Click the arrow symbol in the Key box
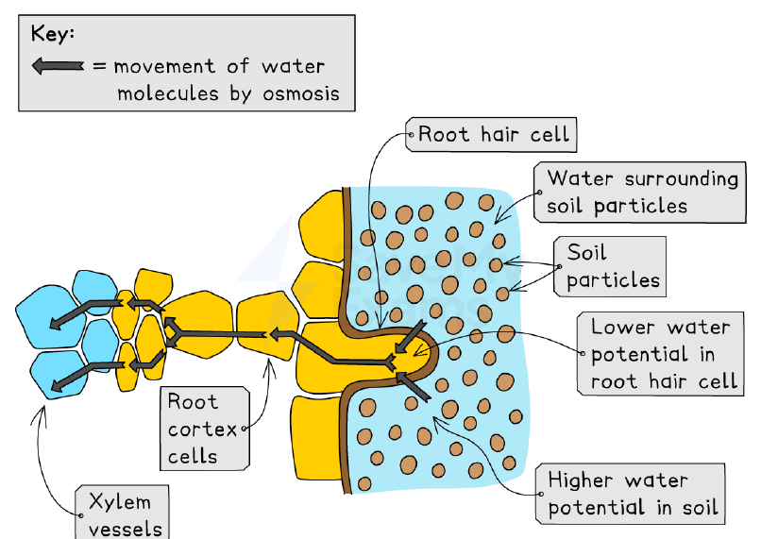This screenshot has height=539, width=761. pos(58,65)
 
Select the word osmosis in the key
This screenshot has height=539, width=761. pos(301,93)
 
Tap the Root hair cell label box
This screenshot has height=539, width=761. pos(491,134)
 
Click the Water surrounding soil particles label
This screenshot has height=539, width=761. pos(639,193)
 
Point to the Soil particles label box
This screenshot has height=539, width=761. pos(610,267)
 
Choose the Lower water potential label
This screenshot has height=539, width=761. pos(661,354)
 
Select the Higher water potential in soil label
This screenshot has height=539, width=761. pos(630,494)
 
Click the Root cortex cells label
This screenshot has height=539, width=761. pos(205,429)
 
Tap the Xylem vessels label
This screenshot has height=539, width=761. pos(123,513)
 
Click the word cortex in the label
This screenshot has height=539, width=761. pos(202,430)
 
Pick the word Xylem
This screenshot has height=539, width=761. pos(120,502)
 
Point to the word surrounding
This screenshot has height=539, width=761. pos(682,179)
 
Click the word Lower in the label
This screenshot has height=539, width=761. pos(622,327)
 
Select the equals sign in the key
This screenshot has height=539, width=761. pos(99,66)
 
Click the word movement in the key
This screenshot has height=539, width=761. pos(164,66)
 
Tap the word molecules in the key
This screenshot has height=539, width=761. pos(168,93)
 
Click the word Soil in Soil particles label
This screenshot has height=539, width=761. pos(586,253)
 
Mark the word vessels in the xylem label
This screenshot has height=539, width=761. pos(126,530)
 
